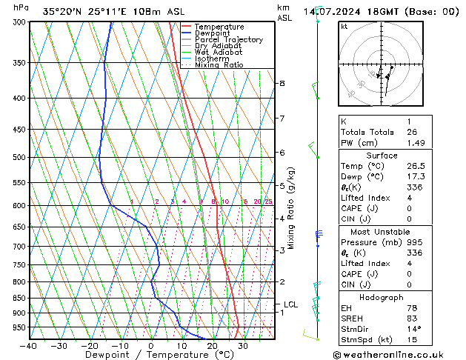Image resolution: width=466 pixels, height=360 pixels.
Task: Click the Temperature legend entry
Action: point(219,27)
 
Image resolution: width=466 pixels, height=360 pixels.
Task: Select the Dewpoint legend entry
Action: point(215,33)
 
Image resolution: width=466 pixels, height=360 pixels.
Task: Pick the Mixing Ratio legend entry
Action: point(219,65)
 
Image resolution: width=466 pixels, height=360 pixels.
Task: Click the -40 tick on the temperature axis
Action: point(30,346)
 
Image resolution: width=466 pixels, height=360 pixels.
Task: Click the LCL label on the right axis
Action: point(290,304)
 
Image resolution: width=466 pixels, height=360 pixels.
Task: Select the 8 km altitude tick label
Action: point(282,84)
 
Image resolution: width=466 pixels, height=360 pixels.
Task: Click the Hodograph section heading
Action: point(382,297)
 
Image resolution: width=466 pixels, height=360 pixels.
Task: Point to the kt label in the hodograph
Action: point(344,27)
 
